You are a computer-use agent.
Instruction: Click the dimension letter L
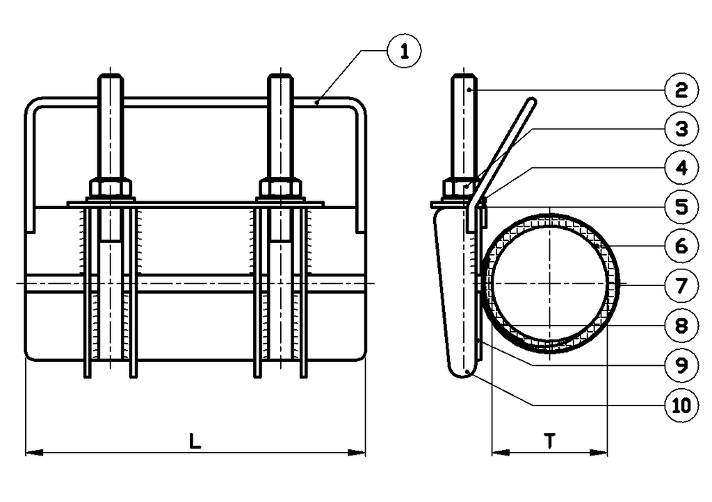195,440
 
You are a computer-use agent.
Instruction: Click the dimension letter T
549,440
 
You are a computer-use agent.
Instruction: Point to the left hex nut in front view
111,187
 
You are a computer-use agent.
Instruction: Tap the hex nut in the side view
458,188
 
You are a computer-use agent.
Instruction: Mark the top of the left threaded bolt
111,76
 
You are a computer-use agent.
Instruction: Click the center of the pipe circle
549,283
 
